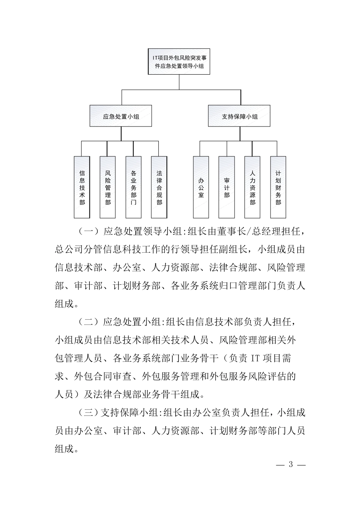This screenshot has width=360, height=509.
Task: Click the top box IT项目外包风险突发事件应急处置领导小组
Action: (179, 61)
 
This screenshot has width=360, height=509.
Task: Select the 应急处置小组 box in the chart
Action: (121, 116)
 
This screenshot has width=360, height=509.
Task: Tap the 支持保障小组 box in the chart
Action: (239, 116)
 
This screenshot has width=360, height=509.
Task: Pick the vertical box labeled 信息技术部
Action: (82, 187)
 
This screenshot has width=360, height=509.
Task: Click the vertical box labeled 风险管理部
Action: (108, 187)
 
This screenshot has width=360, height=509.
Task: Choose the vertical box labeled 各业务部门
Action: (133, 187)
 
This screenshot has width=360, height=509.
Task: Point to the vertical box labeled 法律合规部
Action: (159, 187)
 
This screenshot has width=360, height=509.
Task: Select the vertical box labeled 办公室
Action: (201, 187)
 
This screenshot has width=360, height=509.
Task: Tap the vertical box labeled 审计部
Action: (227, 187)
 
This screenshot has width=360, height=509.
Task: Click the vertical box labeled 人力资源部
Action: (252, 187)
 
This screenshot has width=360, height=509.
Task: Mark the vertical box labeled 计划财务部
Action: (278, 187)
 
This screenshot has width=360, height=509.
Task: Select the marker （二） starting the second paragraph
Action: (88, 322)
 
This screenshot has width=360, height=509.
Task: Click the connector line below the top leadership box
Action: (179, 82)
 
